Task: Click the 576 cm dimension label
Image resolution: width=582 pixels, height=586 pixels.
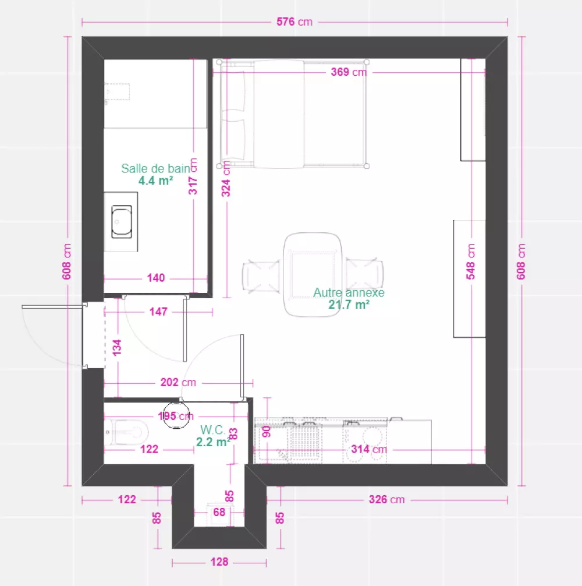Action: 294,22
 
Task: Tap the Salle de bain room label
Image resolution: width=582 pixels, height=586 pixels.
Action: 155,168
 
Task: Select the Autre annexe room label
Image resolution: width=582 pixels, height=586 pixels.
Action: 349,292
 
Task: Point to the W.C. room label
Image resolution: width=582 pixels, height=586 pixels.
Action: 212,429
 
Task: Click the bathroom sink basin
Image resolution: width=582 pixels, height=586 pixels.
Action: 122,221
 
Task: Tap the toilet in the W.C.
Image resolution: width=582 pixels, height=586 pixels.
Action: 126,432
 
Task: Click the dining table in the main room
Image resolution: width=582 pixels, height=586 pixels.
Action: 313,274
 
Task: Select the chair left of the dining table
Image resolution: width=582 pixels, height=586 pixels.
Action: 261,276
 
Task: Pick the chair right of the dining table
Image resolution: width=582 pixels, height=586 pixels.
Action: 364,274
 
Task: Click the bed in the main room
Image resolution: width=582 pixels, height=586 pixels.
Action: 293,114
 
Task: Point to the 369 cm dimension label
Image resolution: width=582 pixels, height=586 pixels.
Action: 349,72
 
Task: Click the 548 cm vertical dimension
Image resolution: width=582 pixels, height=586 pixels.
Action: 471,262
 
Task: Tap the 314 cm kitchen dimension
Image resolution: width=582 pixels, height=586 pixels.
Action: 369,449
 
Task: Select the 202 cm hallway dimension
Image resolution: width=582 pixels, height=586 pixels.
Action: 178,382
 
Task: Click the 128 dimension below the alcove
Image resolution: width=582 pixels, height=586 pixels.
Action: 219,562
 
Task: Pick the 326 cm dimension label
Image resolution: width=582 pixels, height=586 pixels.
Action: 386,499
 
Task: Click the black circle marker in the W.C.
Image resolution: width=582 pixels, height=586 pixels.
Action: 176,415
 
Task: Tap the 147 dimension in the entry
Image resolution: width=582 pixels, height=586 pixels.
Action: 158,311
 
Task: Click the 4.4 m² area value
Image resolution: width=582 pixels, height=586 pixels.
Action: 155,181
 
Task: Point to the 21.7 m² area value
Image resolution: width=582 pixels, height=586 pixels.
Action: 349,305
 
